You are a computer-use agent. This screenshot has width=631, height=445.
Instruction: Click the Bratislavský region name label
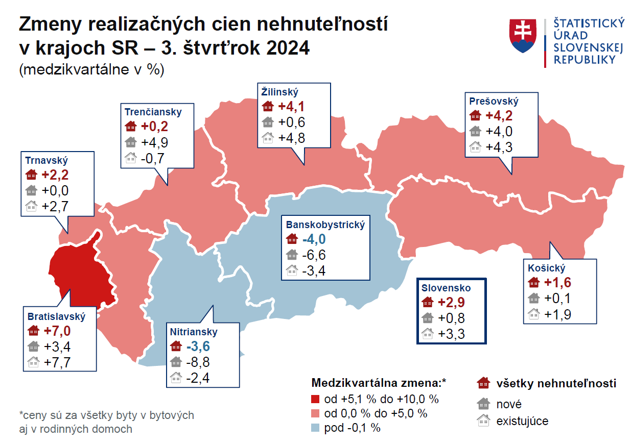click(x=56, y=316)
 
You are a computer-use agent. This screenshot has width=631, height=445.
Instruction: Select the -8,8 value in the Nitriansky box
click(x=199, y=362)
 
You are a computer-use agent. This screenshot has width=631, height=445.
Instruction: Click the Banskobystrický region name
click(x=325, y=225)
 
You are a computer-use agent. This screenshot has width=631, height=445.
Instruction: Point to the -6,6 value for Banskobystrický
click(x=314, y=255)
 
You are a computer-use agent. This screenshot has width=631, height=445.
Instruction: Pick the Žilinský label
click(x=279, y=92)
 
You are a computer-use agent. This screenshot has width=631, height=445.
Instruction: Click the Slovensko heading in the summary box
click(x=446, y=288)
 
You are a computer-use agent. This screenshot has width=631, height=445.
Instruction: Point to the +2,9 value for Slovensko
click(x=451, y=303)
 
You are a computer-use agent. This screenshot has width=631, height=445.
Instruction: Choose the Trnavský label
click(x=46, y=160)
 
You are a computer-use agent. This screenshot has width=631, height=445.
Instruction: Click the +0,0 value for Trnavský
click(x=55, y=190)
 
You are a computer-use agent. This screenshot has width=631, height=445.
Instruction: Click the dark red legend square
click(x=315, y=399)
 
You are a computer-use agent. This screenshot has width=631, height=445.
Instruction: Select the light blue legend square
click(x=315, y=428)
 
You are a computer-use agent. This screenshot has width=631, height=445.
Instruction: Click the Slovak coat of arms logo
click(x=523, y=36)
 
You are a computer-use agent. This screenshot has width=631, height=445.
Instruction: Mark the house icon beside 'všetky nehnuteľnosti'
click(x=483, y=384)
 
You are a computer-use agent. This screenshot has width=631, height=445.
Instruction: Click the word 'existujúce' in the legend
click(x=522, y=422)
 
